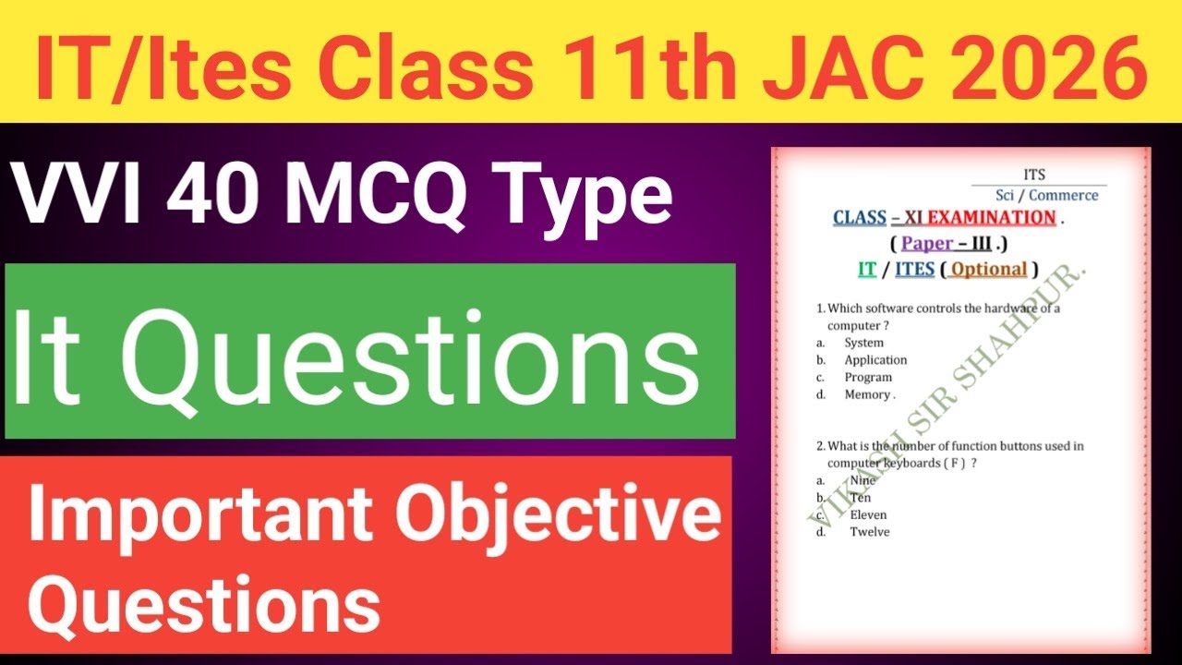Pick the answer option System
[x=863, y=343]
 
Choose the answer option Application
[x=875, y=360]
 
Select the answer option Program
[x=868, y=377]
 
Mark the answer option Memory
[x=868, y=394]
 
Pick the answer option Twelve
[x=870, y=532]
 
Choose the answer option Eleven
[x=868, y=514]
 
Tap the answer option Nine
[x=862, y=480]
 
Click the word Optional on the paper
[x=989, y=269]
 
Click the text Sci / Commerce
[x=1046, y=195]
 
